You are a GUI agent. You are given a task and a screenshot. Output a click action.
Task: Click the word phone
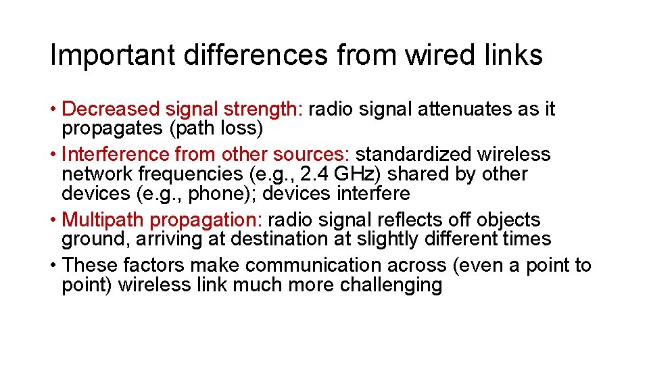226,193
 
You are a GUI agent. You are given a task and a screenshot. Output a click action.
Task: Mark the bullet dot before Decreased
53,109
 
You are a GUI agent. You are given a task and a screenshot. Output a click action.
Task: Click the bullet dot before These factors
53,266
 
